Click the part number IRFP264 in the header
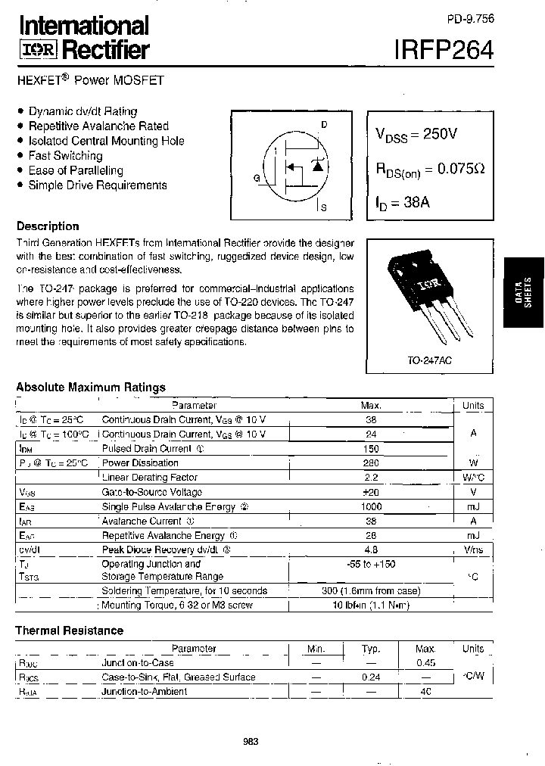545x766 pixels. click(x=444, y=50)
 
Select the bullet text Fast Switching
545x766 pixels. click(x=65, y=155)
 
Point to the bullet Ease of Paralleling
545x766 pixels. click(x=76, y=170)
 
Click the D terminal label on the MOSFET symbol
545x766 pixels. click(x=323, y=124)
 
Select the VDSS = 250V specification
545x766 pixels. click(x=416, y=135)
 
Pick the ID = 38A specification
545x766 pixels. click(x=403, y=203)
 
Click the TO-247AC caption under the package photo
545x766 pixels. click(x=428, y=362)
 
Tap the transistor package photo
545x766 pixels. click(x=428, y=299)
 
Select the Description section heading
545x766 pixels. click(x=48, y=226)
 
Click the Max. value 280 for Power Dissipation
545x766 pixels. click(x=371, y=462)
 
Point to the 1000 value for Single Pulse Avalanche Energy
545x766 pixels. click(x=371, y=506)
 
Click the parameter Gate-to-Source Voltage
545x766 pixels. click(x=152, y=492)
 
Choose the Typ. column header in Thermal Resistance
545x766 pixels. click(x=371, y=649)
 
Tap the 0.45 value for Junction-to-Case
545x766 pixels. click(x=426, y=663)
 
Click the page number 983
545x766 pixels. click(x=251, y=742)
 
